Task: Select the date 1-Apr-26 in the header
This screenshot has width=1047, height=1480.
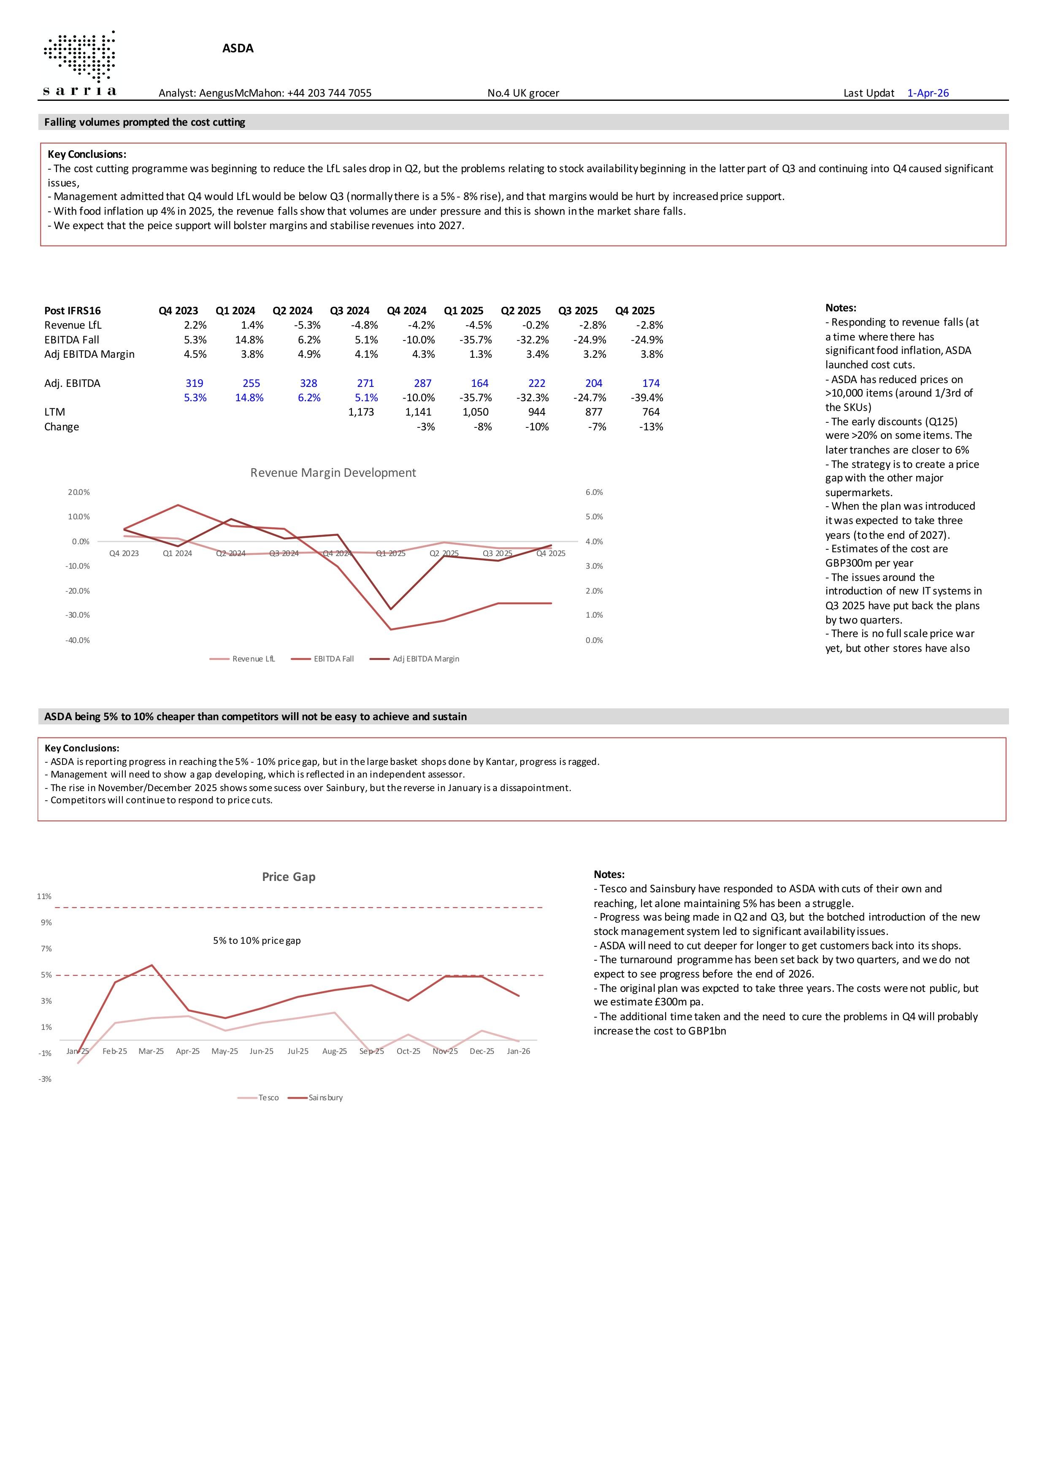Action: click(928, 93)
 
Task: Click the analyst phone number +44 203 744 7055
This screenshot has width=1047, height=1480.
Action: click(329, 93)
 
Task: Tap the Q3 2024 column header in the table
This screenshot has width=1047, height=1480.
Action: click(349, 311)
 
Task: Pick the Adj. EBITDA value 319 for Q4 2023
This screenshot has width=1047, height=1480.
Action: click(194, 383)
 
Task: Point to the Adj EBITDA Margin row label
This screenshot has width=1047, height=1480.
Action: click(89, 354)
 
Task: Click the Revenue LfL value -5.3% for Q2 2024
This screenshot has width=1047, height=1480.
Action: click(309, 325)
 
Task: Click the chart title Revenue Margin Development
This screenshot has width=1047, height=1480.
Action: click(333, 473)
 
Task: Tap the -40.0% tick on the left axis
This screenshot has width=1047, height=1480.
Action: click(77, 640)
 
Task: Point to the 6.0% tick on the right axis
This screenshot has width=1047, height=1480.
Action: click(594, 492)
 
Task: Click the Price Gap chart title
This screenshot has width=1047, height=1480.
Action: click(288, 877)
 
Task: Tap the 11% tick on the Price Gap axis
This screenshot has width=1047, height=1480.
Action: click(44, 897)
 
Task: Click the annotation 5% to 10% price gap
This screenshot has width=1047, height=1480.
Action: click(257, 940)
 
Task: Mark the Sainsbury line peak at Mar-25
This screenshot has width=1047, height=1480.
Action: click(152, 965)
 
